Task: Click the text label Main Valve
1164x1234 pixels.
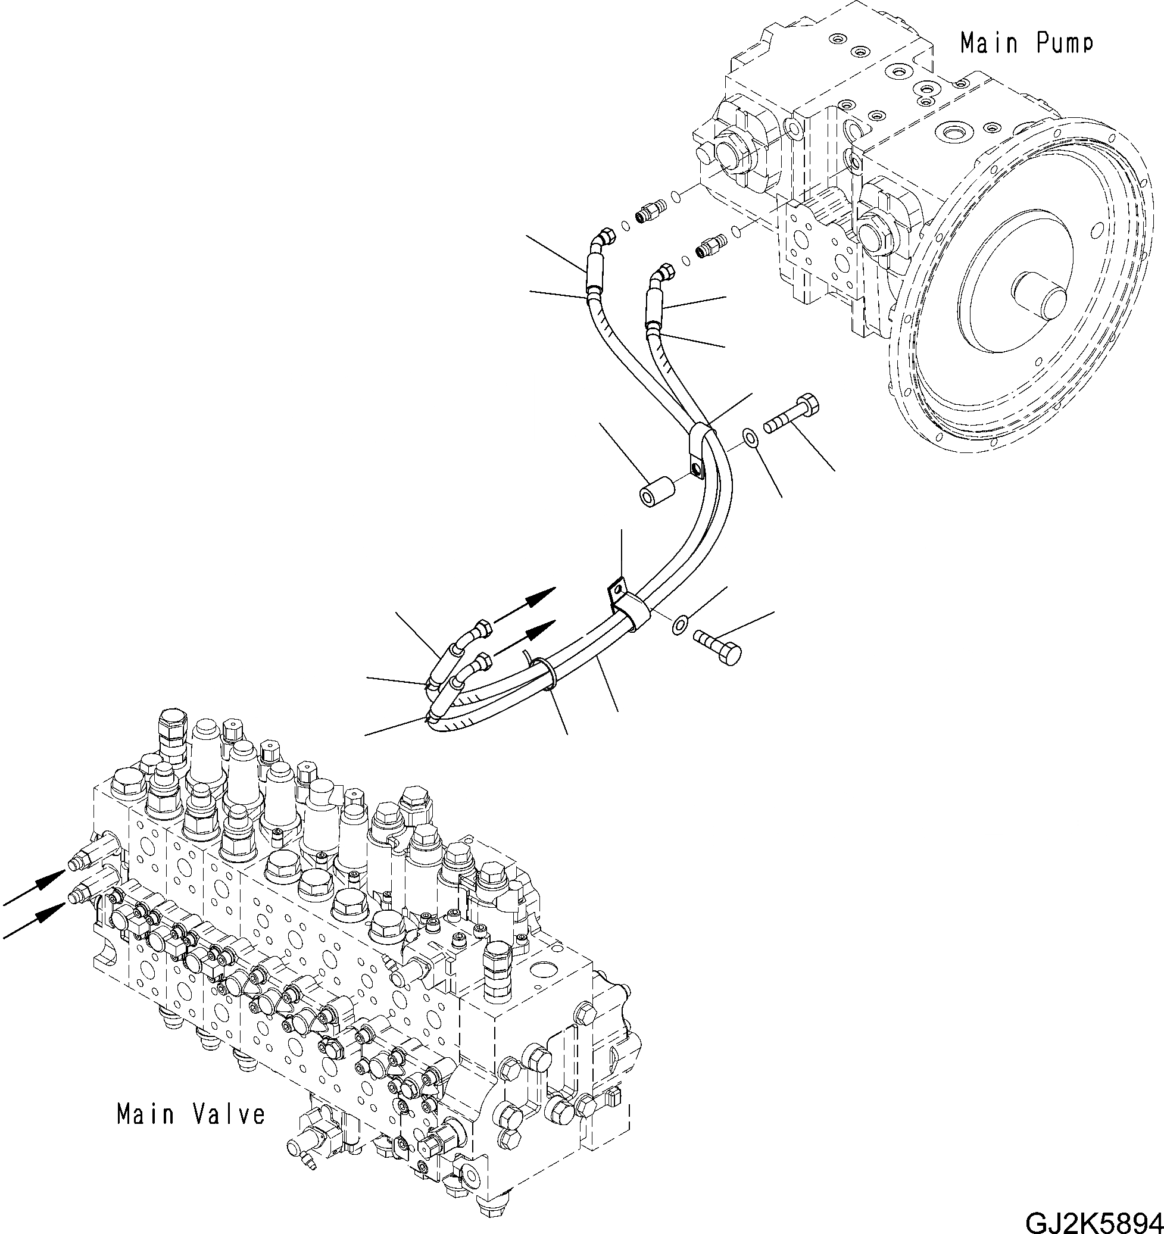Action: pyautogui.click(x=191, y=1114)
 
